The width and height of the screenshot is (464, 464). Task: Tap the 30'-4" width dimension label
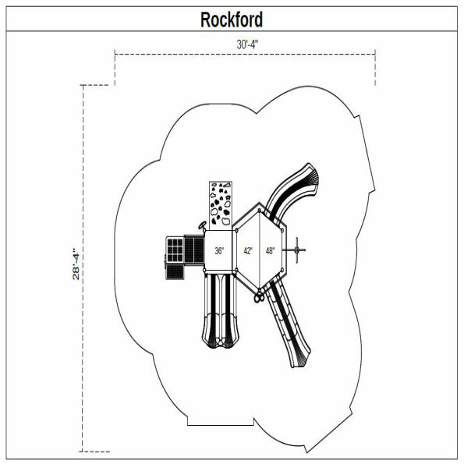[248, 44]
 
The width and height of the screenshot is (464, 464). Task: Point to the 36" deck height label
[220, 251]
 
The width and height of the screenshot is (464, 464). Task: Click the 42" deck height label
[248, 251]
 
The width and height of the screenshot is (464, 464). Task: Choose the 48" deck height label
[270, 251]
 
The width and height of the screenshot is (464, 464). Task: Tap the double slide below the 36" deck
[220, 308]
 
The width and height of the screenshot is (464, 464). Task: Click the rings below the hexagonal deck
[257, 296]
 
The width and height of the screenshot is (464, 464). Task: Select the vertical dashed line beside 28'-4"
[83, 265]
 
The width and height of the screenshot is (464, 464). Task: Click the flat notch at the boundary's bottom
[226, 425]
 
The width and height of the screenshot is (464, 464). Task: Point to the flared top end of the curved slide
[312, 175]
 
